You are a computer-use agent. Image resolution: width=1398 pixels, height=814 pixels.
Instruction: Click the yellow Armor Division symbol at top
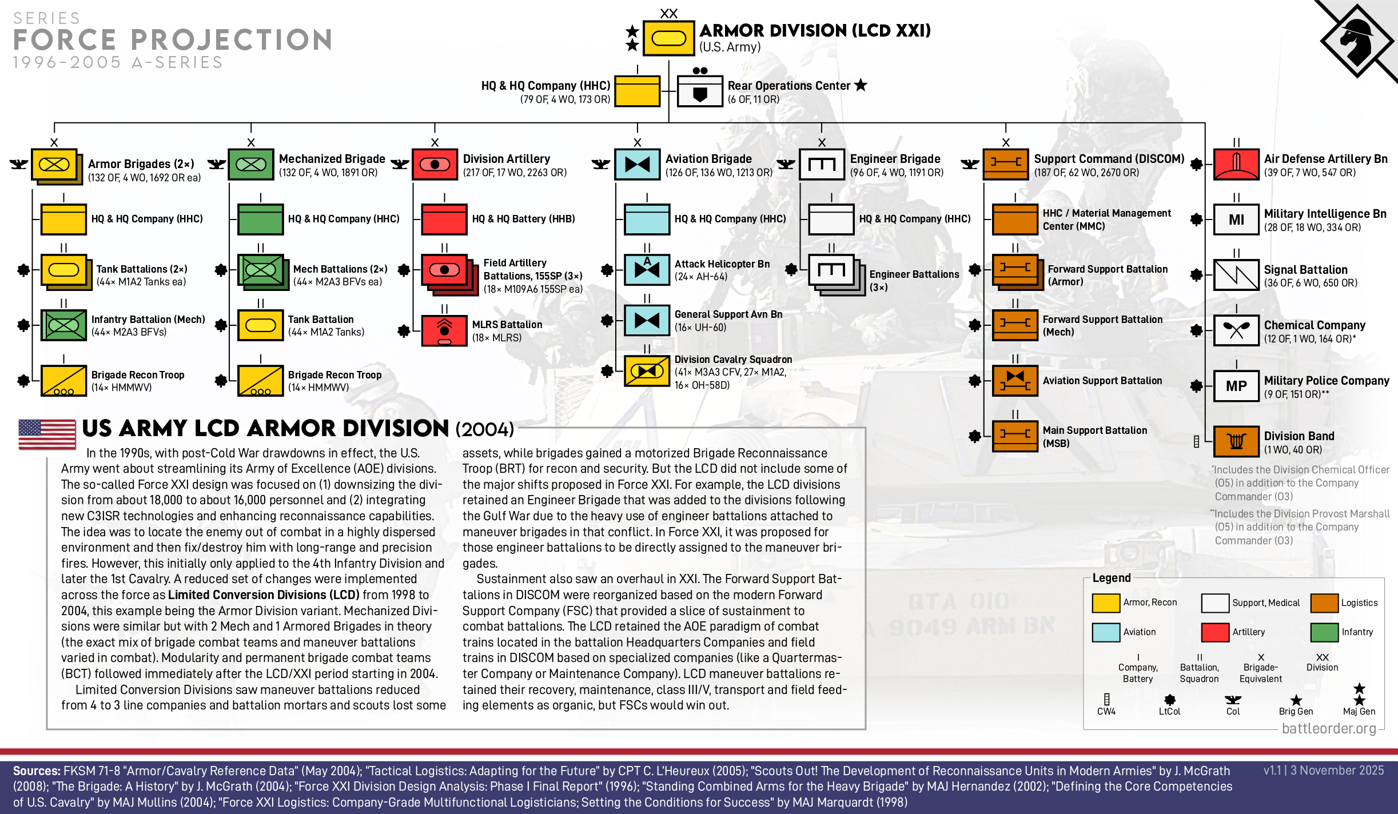(x=668, y=38)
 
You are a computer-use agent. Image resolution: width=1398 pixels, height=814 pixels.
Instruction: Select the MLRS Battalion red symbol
(x=444, y=330)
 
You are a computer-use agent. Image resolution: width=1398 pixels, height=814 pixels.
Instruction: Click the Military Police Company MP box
(x=1236, y=386)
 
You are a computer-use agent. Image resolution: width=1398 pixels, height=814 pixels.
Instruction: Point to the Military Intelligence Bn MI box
(x=1236, y=220)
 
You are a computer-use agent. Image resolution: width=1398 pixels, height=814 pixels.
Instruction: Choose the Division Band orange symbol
(x=1236, y=441)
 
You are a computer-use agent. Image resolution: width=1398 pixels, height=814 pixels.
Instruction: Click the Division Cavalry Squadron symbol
(x=647, y=372)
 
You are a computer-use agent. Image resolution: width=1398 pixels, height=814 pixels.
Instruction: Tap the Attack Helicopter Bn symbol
(x=647, y=269)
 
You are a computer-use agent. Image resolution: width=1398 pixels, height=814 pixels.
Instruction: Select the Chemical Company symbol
(x=1236, y=330)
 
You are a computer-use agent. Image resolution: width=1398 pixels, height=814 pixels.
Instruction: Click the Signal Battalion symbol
(x=1236, y=275)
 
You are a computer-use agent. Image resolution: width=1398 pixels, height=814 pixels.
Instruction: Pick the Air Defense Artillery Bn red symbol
(x=1236, y=164)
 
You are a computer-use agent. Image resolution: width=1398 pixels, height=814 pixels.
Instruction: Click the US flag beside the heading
(x=47, y=434)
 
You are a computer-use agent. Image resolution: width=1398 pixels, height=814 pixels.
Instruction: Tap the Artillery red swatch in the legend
(x=1215, y=632)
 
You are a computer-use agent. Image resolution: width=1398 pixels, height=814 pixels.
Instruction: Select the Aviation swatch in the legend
(x=1106, y=632)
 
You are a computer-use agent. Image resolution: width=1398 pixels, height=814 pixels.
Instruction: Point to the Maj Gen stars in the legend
(x=1359, y=695)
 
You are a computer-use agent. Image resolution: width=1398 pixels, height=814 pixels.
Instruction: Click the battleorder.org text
(x=1329, y=728)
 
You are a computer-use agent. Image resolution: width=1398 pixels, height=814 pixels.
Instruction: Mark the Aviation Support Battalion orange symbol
(x=1015, y=381)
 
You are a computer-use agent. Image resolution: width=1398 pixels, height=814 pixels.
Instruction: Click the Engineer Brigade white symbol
(x=822, y=165)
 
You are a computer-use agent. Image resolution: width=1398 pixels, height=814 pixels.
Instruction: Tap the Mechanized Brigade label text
(x=332, y=159)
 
